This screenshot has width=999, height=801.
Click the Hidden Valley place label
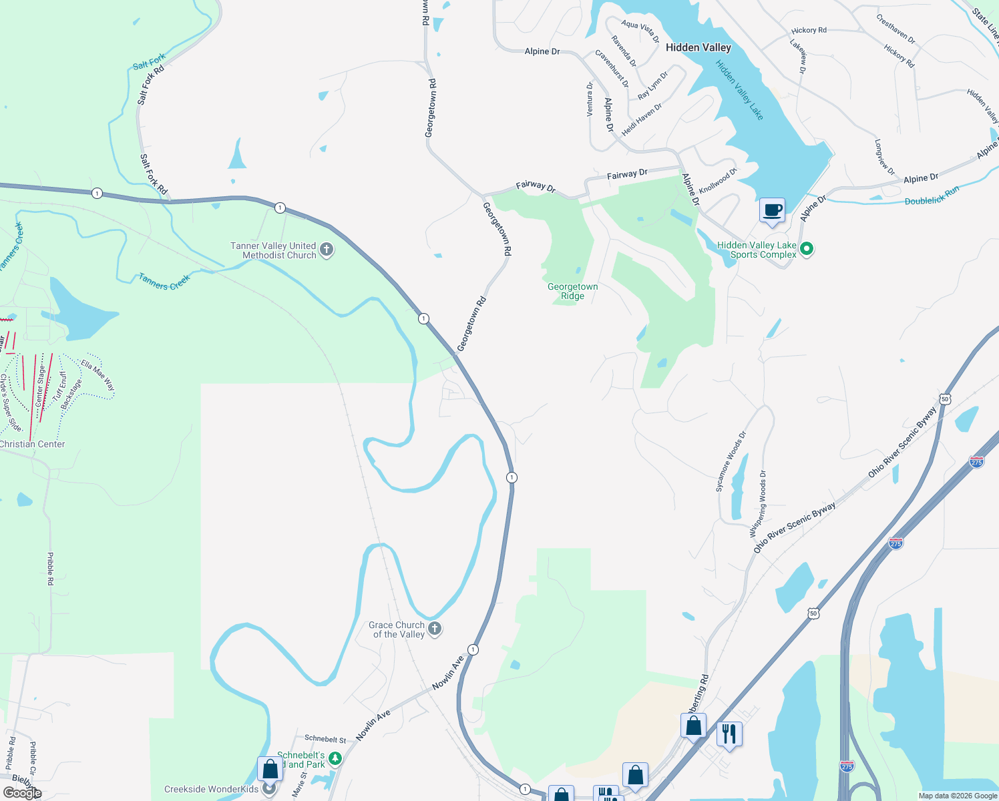698,47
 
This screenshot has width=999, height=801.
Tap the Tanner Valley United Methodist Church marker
327,250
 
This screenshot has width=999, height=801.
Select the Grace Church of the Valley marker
435,628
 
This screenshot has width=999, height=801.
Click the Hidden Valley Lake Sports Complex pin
807,249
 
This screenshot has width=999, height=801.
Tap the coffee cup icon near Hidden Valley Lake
772,211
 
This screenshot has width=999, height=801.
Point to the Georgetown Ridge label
572,291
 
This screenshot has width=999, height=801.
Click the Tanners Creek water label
164,282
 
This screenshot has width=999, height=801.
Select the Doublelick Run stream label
932,196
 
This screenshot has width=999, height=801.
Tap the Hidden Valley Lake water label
739,90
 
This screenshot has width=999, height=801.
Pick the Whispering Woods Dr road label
757,503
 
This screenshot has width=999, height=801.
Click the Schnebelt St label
325,739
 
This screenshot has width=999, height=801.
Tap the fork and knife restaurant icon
729,734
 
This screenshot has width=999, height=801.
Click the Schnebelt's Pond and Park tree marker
335,759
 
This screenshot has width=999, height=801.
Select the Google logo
22,793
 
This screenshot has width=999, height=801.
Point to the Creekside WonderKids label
211,789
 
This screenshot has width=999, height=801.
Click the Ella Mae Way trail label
97,376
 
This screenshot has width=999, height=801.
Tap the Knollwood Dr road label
718,180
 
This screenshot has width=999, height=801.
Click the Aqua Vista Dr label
640,31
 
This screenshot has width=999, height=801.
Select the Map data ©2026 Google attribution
958,796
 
